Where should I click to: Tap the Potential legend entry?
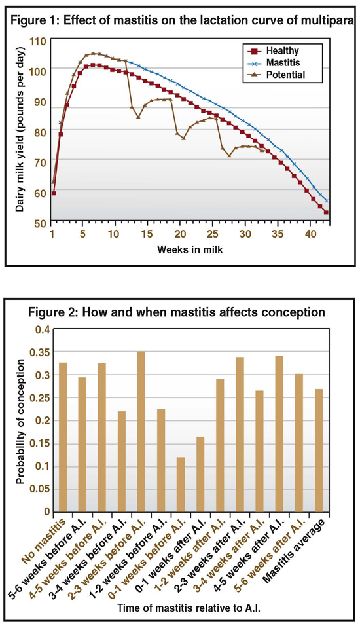pos(278,75)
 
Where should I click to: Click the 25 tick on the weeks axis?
pos(211,234)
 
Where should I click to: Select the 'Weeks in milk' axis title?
pos(190,250)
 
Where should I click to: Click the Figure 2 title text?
pos(177,312)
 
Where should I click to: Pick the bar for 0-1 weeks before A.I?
pos(181,484)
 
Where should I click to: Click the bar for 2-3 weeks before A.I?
pos(141,432)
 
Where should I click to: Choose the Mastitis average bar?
pos(319,450)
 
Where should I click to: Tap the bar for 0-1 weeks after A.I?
pos(200,474)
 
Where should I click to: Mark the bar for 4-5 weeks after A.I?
pos(279,434)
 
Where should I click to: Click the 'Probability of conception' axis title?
pos(21,422)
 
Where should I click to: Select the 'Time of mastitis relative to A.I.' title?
pos(189,608)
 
